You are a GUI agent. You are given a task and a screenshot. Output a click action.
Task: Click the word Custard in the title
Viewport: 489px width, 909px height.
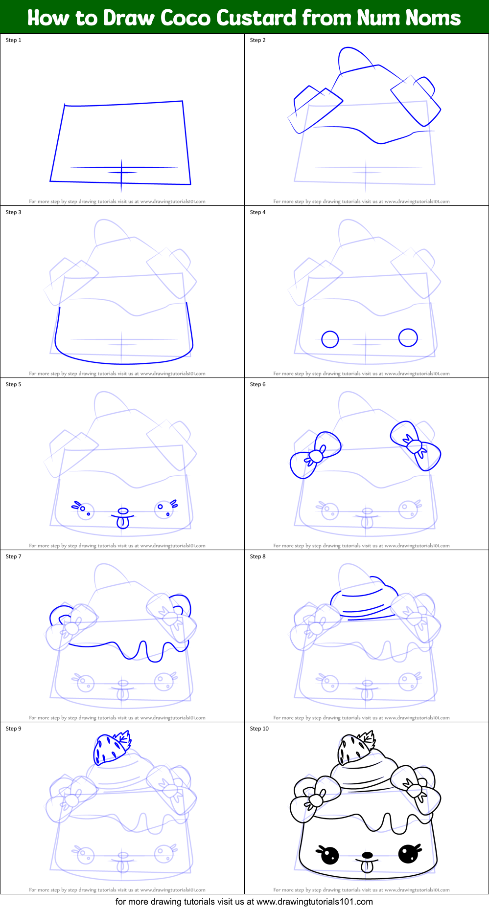point(256,18)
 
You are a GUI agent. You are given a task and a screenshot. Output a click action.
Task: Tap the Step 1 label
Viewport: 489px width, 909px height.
point(14,40)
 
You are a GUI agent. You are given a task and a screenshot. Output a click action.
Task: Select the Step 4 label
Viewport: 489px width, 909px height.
point(258,212)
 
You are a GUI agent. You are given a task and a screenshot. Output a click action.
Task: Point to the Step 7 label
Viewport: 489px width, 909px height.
point(14,556)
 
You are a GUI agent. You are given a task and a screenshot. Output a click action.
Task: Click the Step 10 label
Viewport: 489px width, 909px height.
point(259,729)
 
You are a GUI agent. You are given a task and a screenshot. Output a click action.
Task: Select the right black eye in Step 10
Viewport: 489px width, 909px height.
point(408,853)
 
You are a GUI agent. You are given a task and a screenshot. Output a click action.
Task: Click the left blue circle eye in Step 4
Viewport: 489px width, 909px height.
point(330,339)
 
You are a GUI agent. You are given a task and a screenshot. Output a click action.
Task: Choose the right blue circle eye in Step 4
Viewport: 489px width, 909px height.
point(408,337)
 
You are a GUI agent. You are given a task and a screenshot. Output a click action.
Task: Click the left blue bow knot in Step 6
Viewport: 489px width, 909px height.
point(316,456)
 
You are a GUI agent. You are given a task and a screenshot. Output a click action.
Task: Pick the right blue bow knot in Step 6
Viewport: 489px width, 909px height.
point(414,446)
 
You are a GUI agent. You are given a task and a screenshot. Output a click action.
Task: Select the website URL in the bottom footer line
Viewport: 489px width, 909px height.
point(314,902)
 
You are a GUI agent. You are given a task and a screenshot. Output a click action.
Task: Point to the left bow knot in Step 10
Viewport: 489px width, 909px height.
point(316,800)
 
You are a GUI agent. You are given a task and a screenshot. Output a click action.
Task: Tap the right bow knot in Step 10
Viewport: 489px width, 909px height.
point(414,789)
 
